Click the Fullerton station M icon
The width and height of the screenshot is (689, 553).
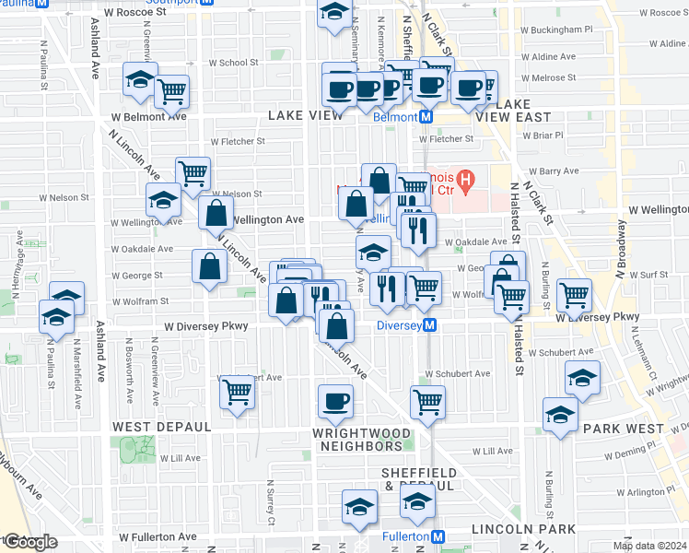coord(439,536)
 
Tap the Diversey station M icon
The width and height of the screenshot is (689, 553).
coord(430,325)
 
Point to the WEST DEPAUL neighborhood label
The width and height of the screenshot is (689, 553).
coord(162,428)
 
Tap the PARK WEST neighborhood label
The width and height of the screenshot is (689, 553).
coord(624,429)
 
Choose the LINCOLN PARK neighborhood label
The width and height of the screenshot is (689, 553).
coord(522,529)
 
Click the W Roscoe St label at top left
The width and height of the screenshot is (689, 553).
coord(136,14)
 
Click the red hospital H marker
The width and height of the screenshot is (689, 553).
coord(466,177)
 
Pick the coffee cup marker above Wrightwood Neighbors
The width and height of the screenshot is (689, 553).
coord(335,401)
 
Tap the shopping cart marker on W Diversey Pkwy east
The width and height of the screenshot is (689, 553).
coord(575,295)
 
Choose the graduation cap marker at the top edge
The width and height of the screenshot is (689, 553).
coord(334,13)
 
